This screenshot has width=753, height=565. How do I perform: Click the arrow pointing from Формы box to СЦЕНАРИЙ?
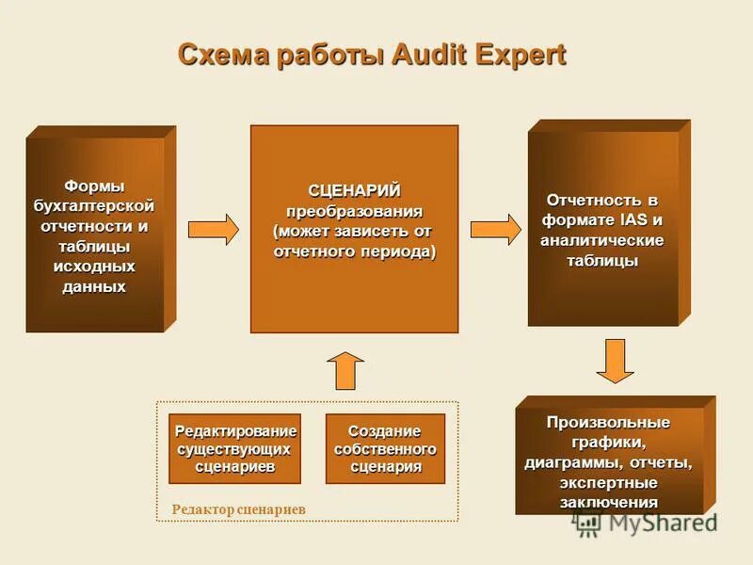tap(214, 230)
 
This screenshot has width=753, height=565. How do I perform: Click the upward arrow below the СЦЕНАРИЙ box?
tap(346, 370)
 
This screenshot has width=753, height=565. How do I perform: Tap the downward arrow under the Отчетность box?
tap(616, 361)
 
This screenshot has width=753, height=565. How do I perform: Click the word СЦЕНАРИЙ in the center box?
tap(354, 192)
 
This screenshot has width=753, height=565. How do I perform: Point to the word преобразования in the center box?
tap(354, 211)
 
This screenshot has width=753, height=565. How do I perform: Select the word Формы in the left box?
tap(94, 186)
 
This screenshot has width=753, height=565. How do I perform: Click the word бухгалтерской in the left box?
tap(94, 205)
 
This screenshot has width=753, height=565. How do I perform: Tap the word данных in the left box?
tap(94, 286)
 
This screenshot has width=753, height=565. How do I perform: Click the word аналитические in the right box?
tap(602, 240)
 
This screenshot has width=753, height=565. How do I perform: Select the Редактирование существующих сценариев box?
tap(235, 448)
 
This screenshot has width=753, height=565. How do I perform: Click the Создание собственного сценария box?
tap(385, 448)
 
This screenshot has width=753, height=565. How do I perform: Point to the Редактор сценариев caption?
tap(239, 509)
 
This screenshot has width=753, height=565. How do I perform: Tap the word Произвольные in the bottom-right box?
tap(609, 421)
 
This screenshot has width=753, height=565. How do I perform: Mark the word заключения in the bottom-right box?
tap(609, 502)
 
